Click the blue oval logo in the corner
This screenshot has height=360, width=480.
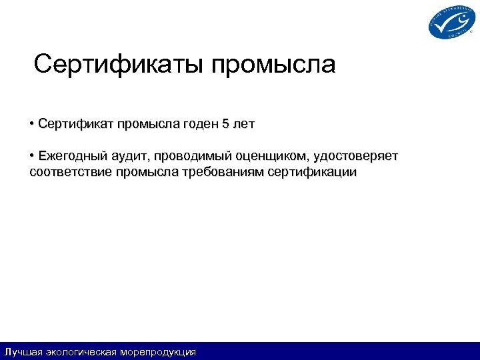pyautogui.click(x=451, y=21)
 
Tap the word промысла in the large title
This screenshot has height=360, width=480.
pyautogui.click(x=274, y=66)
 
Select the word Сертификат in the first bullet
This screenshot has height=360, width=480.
pyautogui.click(x=75, y=124)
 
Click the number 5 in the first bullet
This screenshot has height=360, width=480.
pyautogui.click(x=225, y=124)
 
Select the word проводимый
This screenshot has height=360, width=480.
pyautogui.click(x=192, y=157)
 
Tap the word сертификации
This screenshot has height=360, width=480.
pyautogui.click(x=312, y=173)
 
